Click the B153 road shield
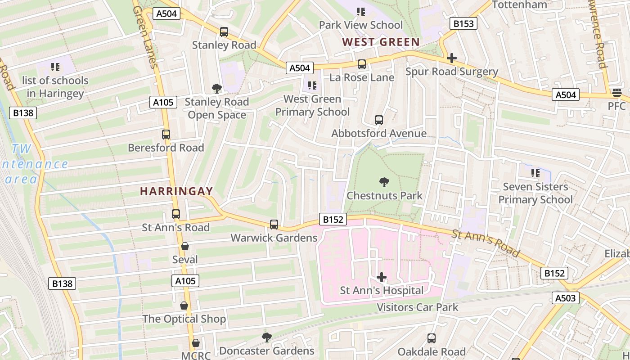click(x=463, y=23)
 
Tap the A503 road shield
click(x=565, y=297)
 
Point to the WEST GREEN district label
click(x=381, y=42)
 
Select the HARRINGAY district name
click(x=176, y=191)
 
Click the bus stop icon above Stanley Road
click(x=224, y=32)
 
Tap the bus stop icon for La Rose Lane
click(x=362, y=64)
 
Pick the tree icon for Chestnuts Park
click(x=384, y=182)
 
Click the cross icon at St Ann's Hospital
click(x=382, y=277)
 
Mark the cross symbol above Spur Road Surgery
click(x=452, y=58)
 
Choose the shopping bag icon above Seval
click(x=185, y=246)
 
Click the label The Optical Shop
click(x=184, y=319)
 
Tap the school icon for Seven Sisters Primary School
click(x=535, y=173)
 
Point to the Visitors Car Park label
click(x=417, y=307)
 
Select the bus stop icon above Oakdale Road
click(x=432, y=338)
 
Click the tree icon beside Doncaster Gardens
click(x=267, y=337)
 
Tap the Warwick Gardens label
click(x=274, y=238)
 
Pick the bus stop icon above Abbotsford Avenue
click(x=379, y=120)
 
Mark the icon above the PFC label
click(x=616, y=93)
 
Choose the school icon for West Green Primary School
click(x=312, y=85)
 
